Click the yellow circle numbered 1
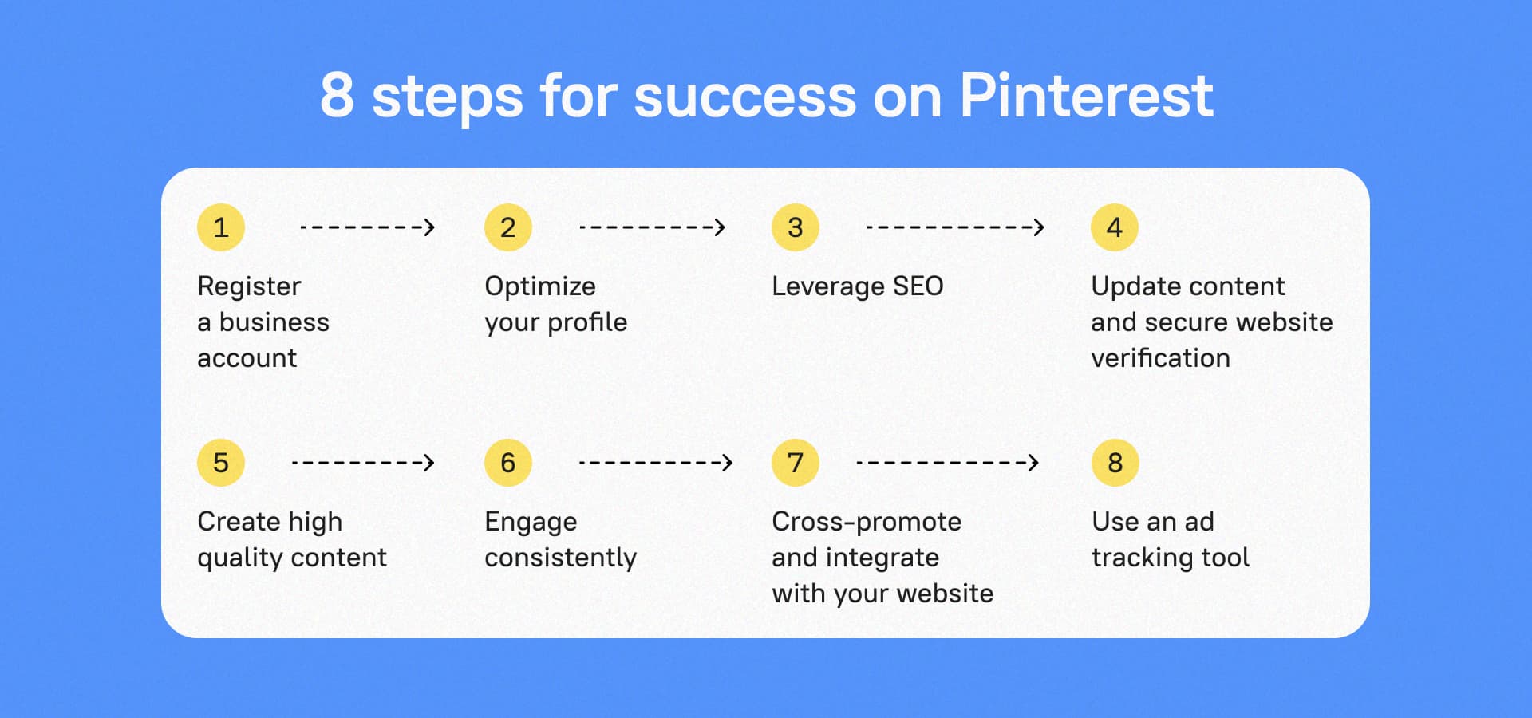pyautogui.click(x=221, y=227)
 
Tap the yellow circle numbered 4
pyautogui.click(x=1114, y=227)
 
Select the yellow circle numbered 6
pyautogui.click(x=507, y=463)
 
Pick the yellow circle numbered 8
pyautogui.click(x=1115, y=463)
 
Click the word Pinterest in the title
pyautogui.click(x=1086, y=96)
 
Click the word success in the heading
pyautogui.click(x=744, y=97)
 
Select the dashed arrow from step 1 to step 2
pyautogui.click(x=367, y=227)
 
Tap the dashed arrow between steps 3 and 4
pyautogui.click(x=955, y=227)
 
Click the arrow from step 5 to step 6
pyautogui.click(x=363, y=463)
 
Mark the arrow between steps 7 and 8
pyautogui.click(x=947, y=463)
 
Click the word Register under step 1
pyautogui.click(x=249, y=286)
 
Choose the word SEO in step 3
pyautogui.click(x=918, y=286)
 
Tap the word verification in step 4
pyautogui.click(x=1160, y=358)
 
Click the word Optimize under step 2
pyautogui.click(x=540, y=286)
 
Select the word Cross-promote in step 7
pyautogui.click(x=867, y=522)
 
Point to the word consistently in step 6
pyautogui.click(x=560, y=558)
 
